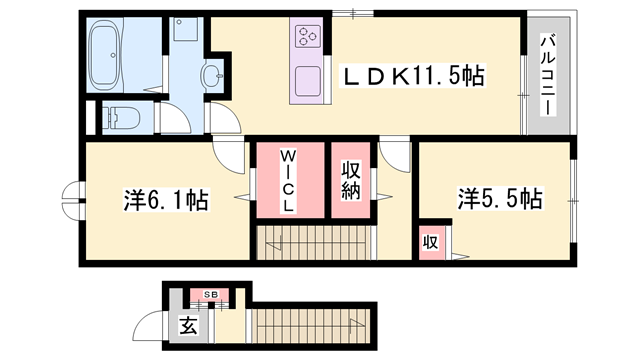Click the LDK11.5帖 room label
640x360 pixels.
pyautogui.click(x=415, y=76)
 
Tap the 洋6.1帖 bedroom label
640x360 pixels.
pyautogui.click(x=164, y=201)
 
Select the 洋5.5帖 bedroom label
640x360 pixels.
pyautogui.click(x=500, y=198)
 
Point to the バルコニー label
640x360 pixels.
pyautogui.click(x=549, y=75)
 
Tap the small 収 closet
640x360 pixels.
pyautogui.click(x=431, y=243)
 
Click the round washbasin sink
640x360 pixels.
pyautogui.click(x=213, y=73)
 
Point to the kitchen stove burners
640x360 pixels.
pyautogui.click(x=307, y=38)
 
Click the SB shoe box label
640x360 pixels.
pyautogui.click(x=212, y=294)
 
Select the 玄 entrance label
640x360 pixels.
pyautogui.click(x=188, y=324)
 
